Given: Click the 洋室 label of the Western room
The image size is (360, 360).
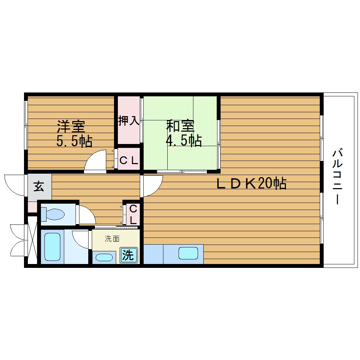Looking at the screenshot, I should coord(71,126).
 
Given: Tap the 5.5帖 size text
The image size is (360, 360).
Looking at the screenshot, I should coord(74,141).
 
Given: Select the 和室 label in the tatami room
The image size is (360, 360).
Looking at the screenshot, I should coord(180,126).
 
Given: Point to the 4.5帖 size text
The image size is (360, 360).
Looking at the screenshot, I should coord(184,141).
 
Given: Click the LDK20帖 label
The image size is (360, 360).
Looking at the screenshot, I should coord(251,184).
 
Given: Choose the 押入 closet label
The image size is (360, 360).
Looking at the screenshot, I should coord(128,121).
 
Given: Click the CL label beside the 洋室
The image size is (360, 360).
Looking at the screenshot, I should coord(128,161).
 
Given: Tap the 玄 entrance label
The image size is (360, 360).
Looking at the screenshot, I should coord(39,187).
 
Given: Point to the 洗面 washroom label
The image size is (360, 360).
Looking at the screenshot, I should coord(112,239).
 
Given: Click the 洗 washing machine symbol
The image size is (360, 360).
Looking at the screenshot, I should coord(128,255).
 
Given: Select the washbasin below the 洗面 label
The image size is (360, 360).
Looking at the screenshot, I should coord(104,257).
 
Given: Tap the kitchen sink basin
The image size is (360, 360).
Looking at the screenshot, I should coord(188,253).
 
